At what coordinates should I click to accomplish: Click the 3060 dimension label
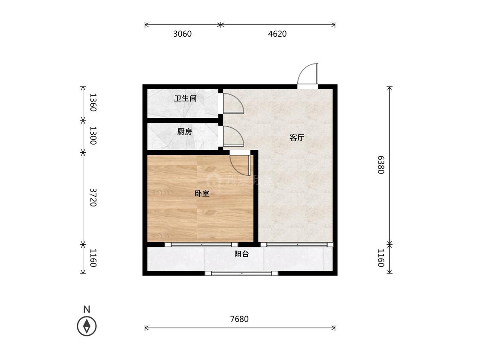182,34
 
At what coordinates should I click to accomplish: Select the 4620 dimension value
277,34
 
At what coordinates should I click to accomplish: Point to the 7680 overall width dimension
239,319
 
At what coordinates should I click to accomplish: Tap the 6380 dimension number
381,164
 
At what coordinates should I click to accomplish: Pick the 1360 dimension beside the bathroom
93,103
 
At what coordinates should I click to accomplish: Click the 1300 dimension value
93,136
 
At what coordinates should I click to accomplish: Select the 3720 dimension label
93,197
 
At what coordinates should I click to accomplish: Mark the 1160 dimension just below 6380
381,258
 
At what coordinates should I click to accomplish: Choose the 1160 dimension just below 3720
93,258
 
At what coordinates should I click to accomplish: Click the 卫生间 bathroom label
185,99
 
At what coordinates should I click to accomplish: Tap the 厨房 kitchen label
185,132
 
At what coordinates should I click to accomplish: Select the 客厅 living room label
297,137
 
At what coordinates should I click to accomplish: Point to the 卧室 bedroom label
202,194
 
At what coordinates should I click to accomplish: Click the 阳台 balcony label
241,254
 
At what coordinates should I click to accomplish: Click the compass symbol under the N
87,326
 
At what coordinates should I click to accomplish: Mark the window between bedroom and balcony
201,245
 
